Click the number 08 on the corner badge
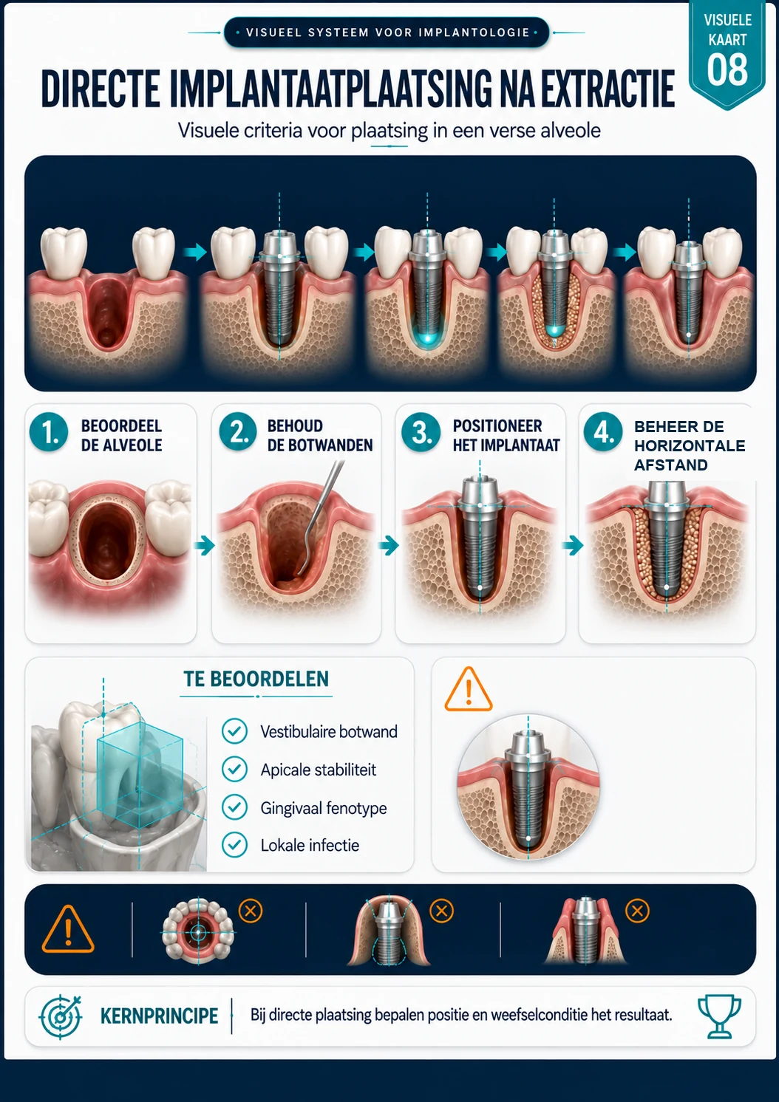click(x=727, y=69)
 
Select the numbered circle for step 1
click(x=49, y=432)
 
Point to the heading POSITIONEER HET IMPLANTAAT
click(x=506, y=435)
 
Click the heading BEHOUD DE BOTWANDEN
click(x=320, y=435)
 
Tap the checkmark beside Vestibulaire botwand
click(x=234, y=731)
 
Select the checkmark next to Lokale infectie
click(x=234, y=845)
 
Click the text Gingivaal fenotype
click(x=324, y=808)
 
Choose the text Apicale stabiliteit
click(x=318, y=770)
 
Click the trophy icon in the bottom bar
click(x=719, y=1016)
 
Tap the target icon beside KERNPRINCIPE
click(x=61, y=1016)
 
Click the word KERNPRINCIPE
click(x=159, y=1016)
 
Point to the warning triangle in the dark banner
click(x=68, y=930)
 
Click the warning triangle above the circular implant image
click(x=469, y=689)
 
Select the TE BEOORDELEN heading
click(x=256, y=679)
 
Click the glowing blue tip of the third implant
click(x=426, y=338)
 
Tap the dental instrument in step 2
click(x=320, y=516)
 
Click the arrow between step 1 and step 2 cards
click(x=204, y=545)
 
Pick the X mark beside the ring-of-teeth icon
click(x=251, y=911)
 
